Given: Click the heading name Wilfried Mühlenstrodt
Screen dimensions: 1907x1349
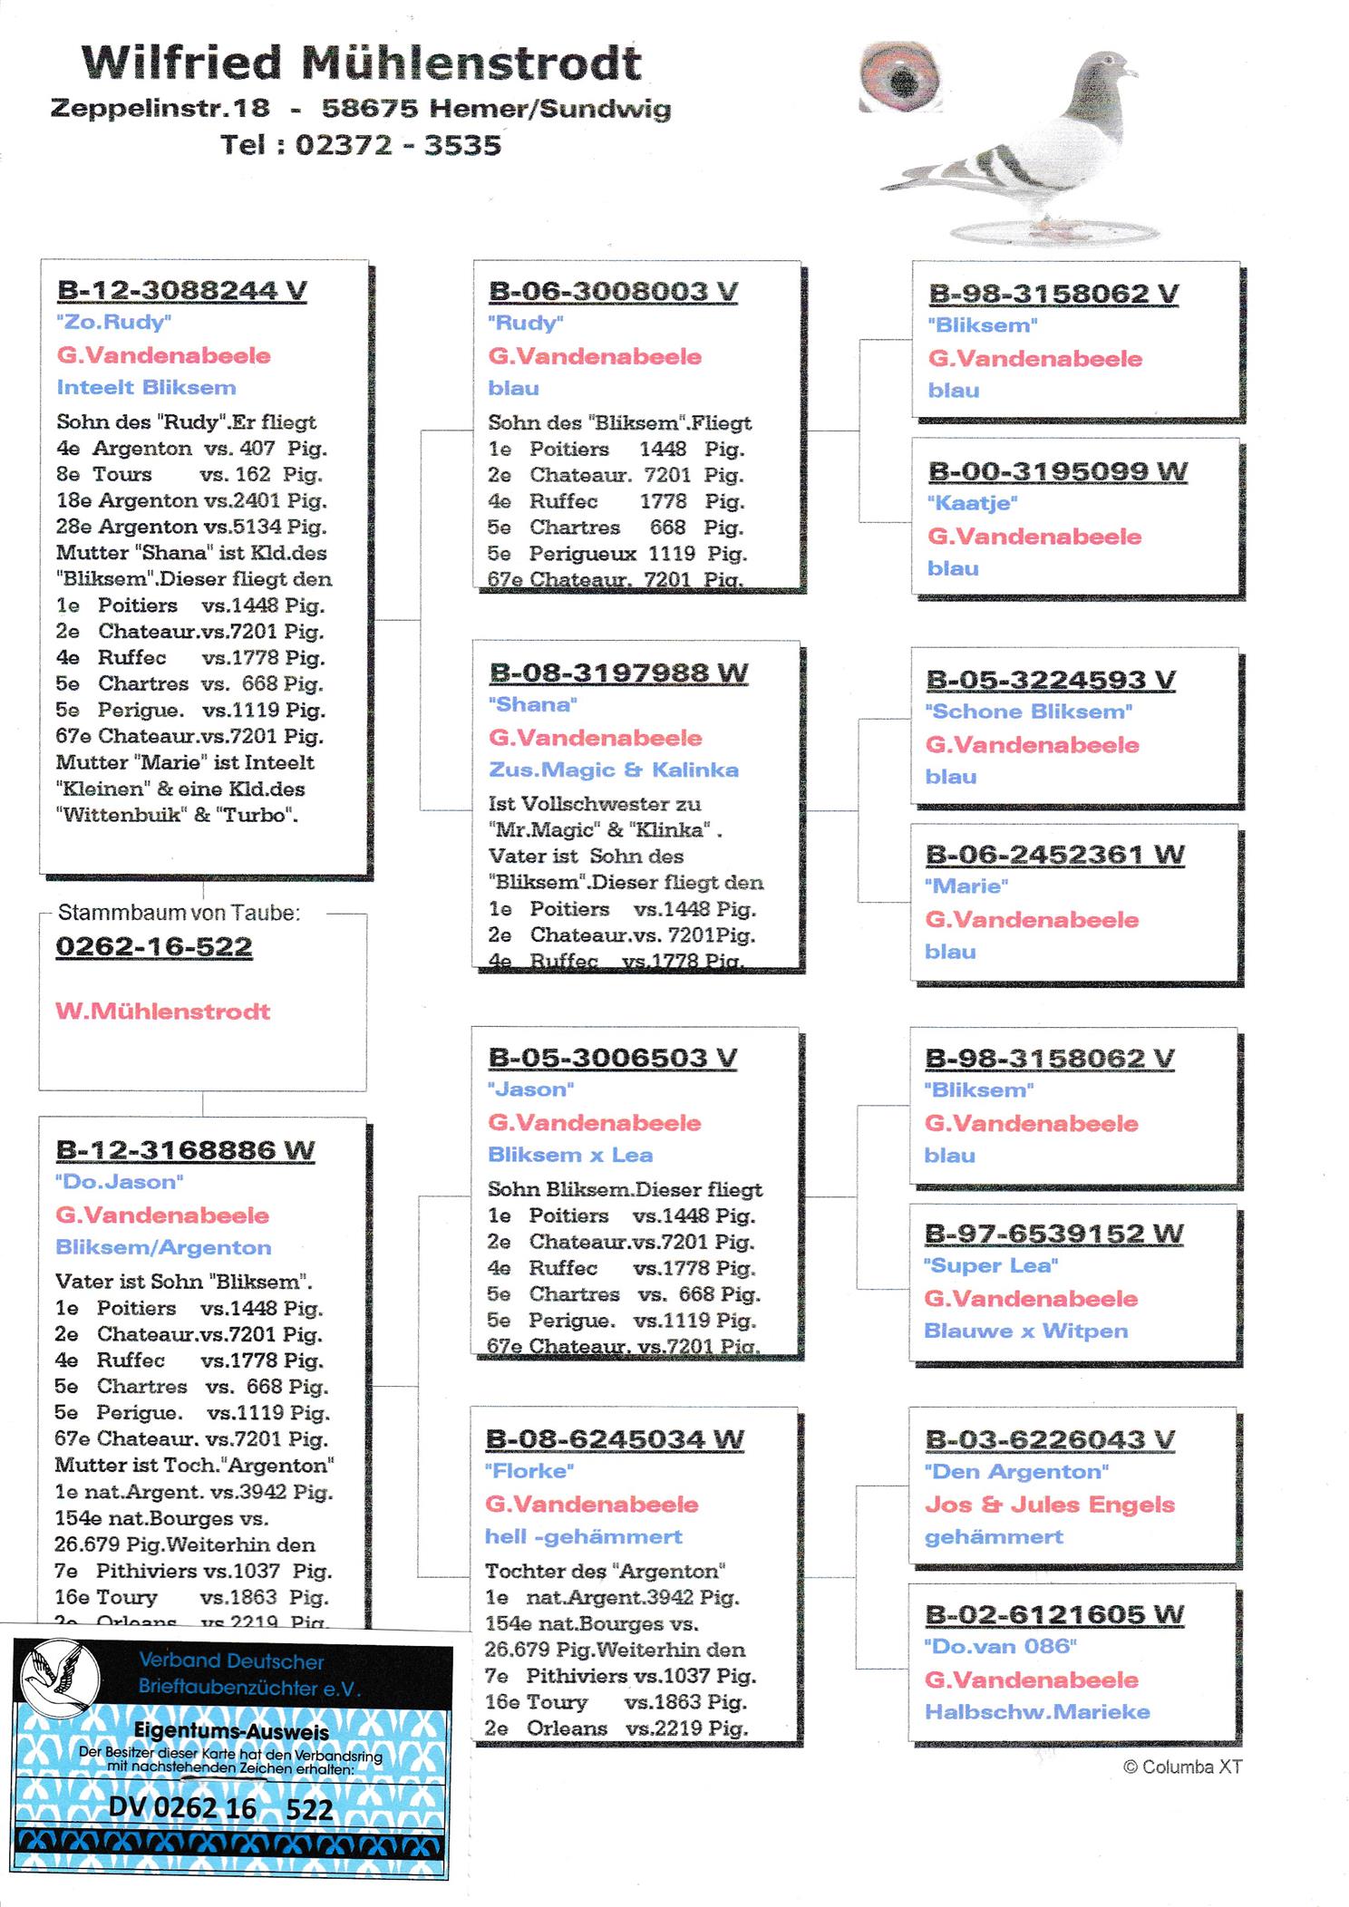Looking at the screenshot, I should click(x=362, y=63).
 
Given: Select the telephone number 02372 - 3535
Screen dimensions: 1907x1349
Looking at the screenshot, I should click(x=398, y=145).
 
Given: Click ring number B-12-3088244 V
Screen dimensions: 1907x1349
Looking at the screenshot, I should click(x=181, y=290).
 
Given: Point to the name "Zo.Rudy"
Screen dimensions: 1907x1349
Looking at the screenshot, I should click(x=114, y=322).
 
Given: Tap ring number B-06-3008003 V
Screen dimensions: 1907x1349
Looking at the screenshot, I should click(x=613, y=291).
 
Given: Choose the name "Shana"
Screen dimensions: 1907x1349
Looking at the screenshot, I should click(x=533, y=704).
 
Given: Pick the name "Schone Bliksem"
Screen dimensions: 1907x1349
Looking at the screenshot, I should click(x=1029, y=711).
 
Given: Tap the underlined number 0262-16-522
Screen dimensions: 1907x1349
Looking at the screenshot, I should click(x=154, y=946).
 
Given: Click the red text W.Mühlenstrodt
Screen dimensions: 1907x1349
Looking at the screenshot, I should click(x=163, y=1012).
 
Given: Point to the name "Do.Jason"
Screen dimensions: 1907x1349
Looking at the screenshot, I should click(x=120, y=1182).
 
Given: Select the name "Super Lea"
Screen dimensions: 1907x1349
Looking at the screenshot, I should click(x=991, y=1265).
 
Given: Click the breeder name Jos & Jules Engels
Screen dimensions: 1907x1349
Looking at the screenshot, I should click(x=1049, y=1505).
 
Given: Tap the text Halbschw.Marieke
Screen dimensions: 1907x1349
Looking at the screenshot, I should click(x=1037, y=1712).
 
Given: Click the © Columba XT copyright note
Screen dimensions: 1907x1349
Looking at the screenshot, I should click(x=1182, y=1767).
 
